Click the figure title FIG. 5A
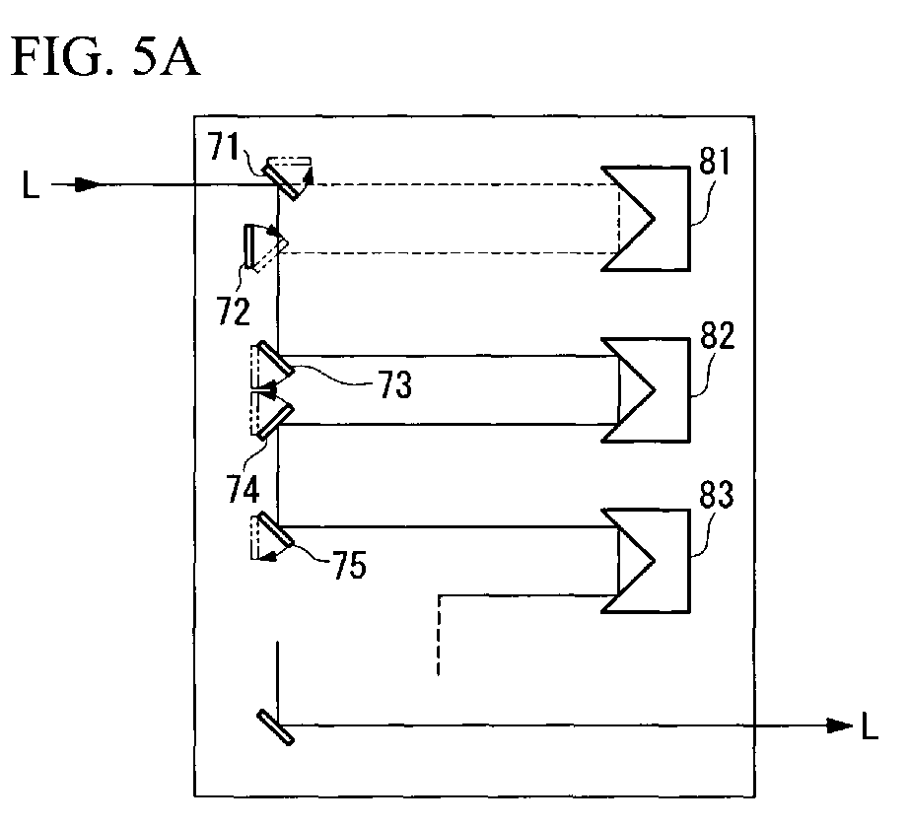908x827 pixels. pos(105,57)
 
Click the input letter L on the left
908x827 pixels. pos(31,184)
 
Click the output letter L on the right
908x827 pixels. pos(870,726)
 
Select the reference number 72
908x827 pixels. pos(234,310)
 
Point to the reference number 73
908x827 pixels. pos(395,384)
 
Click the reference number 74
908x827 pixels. pos(243,489)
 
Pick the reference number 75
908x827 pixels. pos(349,565)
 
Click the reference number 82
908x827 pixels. pos(718,335)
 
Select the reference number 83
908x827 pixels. pos(717,495)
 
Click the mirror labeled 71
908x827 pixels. pos(281,180)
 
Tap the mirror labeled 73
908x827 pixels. pos(275,359)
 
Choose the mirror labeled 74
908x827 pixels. pos(275,422)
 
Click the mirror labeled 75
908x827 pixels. pos(275,529)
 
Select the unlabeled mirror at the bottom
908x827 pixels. pos(275,727)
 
